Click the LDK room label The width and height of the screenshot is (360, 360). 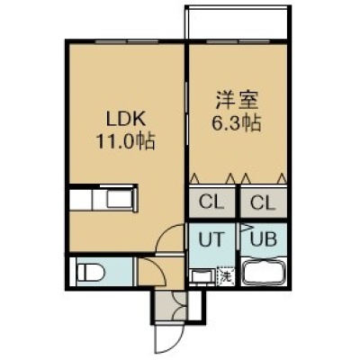[x=126, y=120]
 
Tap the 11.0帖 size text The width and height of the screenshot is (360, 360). [x=125, y=141]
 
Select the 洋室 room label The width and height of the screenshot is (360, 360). [x=237, y=101]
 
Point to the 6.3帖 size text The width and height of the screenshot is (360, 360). [x=236, y=123]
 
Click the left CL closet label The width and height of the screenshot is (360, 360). [x=211, y=202]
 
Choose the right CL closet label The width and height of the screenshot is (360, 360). [x=263, y=202]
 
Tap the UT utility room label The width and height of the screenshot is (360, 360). [x=211, y=239]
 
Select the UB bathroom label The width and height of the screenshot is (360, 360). [x=264, y=239]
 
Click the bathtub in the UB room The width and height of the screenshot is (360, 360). [x=264, y=273]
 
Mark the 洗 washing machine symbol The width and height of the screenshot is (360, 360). [x=225, y=276]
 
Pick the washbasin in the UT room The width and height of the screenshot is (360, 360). [x=202, y=276]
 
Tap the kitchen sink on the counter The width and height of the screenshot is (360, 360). [x=120, y=198]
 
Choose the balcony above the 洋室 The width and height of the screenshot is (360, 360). [x=238, y=22]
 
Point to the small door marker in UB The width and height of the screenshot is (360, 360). [x=246, y=228]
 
